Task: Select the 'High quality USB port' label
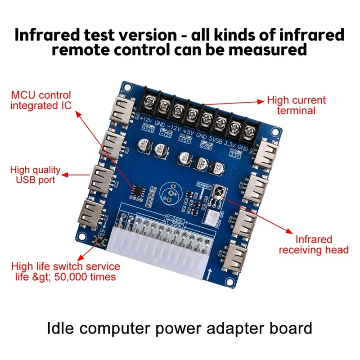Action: [x=35, y=175]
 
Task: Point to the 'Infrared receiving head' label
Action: [x=314, y=244]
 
